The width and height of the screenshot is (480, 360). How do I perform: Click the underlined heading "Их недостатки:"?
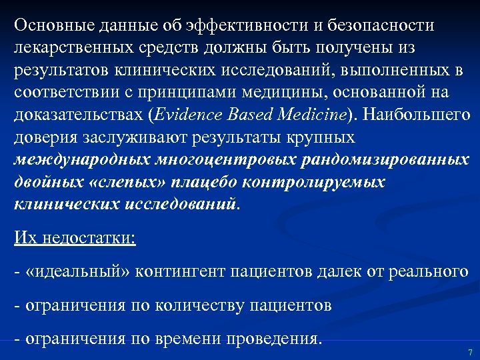tap(75, 238)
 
